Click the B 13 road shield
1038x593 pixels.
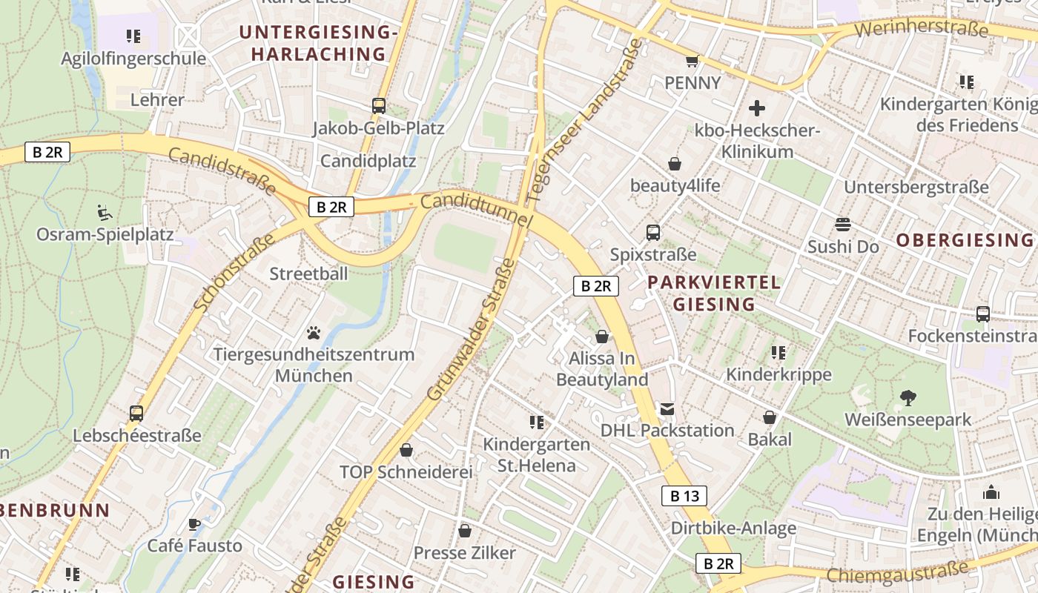pos(684,496)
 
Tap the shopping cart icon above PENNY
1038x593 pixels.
pos(692,61)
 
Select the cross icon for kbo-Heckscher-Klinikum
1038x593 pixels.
pos(756,109)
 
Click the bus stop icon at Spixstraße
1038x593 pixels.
pos(652,233)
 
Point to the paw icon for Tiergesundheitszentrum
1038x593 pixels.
pos(314,333)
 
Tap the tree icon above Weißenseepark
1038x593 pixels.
pos(908,398)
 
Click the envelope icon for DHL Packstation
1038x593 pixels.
pos(667,408)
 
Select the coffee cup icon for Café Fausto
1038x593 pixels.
pos(194,524)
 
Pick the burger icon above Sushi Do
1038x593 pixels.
pos(842,225)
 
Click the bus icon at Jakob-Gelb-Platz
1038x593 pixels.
pos(378,106)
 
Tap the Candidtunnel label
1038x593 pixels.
pos(476,211)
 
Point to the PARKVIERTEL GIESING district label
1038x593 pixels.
pos(714,293)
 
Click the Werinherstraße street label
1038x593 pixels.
pos(921,30)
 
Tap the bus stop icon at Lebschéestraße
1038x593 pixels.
pos(136,414)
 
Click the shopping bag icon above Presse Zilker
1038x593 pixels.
pos(464,531)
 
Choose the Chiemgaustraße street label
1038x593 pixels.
pos(897,572)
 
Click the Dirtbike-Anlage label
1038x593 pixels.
pos(733,529)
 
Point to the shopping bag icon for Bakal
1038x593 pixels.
pos(770,417)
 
